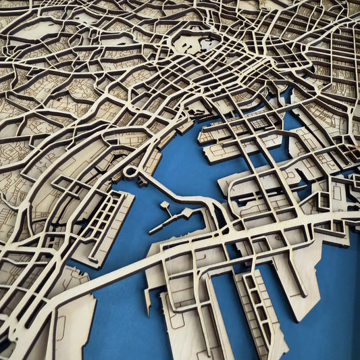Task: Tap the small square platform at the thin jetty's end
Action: pos(165,204)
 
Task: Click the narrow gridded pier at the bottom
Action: pos(261,311)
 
